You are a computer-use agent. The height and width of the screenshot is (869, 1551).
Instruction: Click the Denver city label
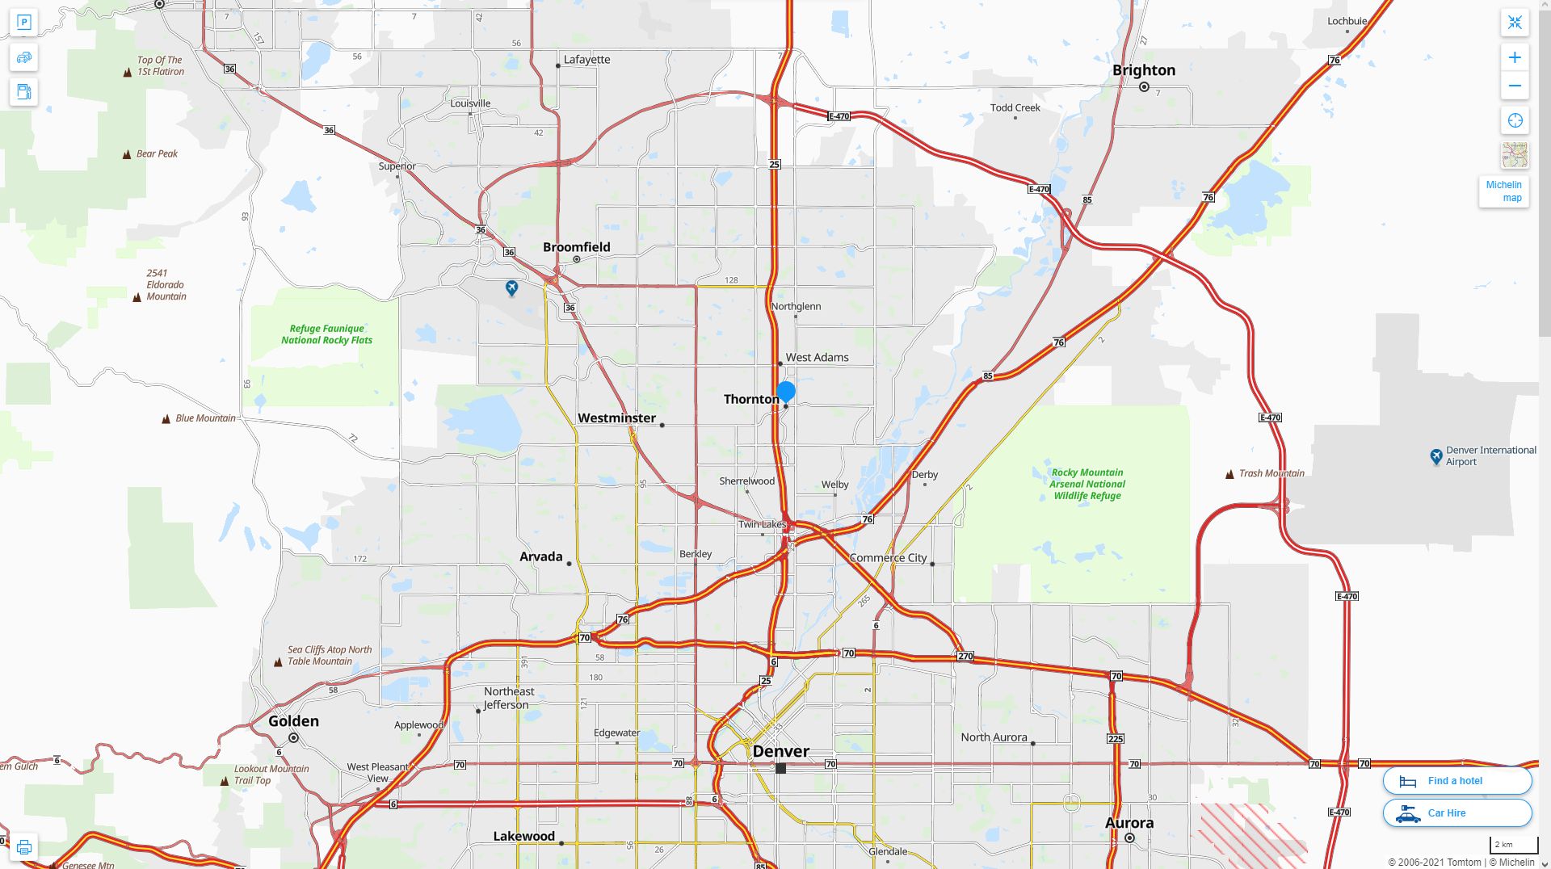[x=780, y=751]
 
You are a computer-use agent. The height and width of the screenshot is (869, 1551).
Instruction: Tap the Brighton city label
[x=1143, y=70]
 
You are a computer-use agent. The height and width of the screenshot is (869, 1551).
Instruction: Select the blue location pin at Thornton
[x=786, y=392]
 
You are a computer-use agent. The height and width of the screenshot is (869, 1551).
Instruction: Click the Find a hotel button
[x=1456, y=781]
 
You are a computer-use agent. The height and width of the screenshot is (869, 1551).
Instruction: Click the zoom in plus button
[x=1515, y=57]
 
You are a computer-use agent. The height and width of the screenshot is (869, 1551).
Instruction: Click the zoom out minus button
[x=1515, y=86]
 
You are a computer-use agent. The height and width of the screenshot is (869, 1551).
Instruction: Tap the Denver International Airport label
[x=1490, y=456]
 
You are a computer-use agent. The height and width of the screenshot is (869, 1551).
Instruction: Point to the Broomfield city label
[x=576, y=247]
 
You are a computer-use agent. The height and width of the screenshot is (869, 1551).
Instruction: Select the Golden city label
[x=293, y=721]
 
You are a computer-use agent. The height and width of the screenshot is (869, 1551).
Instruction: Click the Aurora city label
[x=1129, y=823]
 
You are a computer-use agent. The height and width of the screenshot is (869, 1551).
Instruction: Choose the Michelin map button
[x=1503, y=191]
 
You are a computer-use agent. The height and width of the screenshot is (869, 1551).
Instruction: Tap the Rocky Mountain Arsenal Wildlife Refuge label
[x=1087, y=484]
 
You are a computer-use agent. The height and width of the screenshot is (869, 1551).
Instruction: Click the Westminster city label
[x=616, y=418]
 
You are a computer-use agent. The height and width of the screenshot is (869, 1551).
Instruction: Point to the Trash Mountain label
[x=1271, y=473]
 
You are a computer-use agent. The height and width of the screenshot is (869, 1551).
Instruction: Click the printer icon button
[x=23, y=847]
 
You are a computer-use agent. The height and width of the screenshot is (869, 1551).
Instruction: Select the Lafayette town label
[x=586, y=60]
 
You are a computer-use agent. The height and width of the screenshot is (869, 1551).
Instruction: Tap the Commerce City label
[x=888, y=558]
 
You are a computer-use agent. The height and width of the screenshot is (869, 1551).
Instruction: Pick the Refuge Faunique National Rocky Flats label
[x=326, y=334]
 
